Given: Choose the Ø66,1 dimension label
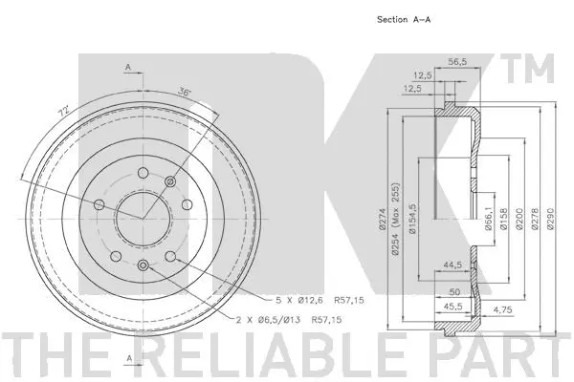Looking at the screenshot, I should tap(489, 221).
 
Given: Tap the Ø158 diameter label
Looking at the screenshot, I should tap(505, 221).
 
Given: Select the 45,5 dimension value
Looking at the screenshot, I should tap(453, 308).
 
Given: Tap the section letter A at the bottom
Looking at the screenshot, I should tap(127, 358).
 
